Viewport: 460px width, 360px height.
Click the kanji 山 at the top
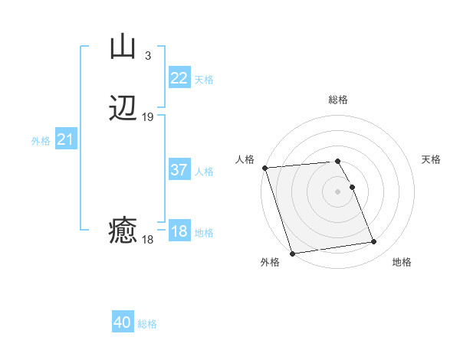pos(123,47)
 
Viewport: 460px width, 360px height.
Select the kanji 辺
pos(123,109)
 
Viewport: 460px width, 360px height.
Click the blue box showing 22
pos(179,78)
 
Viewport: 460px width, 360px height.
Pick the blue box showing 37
pos(179,170)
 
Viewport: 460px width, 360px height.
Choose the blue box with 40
pos(123,322)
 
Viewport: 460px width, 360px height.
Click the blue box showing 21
pos(66,139)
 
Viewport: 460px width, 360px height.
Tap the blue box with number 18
pos(179,231)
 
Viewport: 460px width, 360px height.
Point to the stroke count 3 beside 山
pos(147,55)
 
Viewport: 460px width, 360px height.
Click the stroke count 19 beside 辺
pos(148,117)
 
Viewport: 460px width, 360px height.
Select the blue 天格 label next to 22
pos(204,80)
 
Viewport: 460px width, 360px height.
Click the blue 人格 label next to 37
pos(204,172)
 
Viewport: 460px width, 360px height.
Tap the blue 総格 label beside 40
pos(147,324)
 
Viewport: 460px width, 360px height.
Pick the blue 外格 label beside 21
pos(41,141)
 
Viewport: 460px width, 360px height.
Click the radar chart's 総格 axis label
pos(338,100)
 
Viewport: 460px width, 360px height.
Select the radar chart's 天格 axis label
pos(431,159)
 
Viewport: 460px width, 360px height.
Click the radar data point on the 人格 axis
pos(264,168)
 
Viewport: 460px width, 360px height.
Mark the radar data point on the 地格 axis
pos(374,242)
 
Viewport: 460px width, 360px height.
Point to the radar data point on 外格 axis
pos(292,253)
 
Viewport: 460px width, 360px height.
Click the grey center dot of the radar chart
pos(338,191)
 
